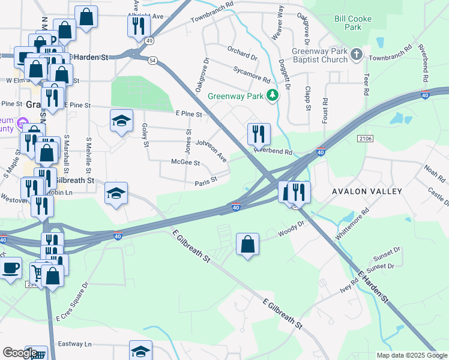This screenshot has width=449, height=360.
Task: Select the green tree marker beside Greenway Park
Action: point(273,95)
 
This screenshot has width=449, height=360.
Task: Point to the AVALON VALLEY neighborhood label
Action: point(367,191)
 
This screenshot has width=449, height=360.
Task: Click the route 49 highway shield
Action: point(148,41)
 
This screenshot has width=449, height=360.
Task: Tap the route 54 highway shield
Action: point(153,61)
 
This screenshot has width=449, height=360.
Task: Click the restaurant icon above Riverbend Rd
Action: point(259,133)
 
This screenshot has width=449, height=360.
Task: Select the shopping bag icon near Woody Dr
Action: point(247,244)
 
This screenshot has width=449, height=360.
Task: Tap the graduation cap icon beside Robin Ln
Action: point(116,193)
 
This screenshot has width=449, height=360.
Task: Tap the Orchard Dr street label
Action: point(242,53)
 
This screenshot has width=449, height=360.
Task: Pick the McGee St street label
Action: point(185,163)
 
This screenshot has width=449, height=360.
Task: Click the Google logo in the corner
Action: point(20,353)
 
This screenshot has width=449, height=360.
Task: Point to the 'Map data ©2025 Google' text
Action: point(411,355)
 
